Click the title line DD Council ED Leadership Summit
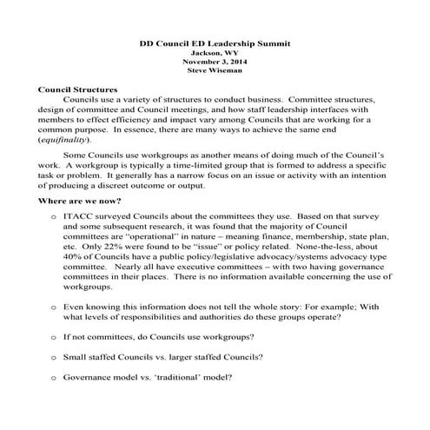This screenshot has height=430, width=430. (215, 42)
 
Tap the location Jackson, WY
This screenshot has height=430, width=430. (215, 52)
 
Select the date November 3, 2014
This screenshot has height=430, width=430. (215, 62)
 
